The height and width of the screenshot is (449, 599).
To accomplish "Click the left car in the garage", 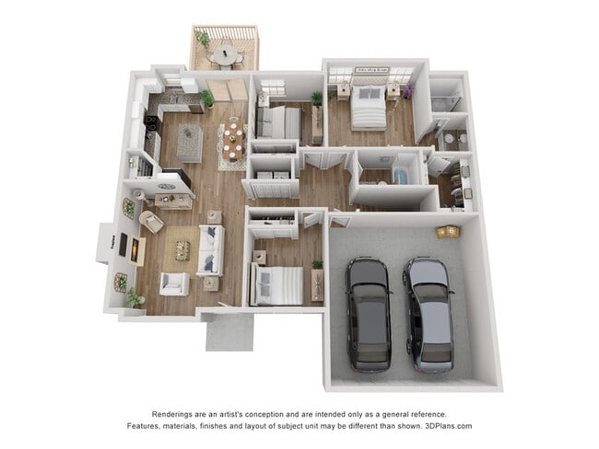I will pyautogui.click(x=368, y=312).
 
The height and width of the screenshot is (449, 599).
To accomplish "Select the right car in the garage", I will pyautogui.click(x=429, y=312).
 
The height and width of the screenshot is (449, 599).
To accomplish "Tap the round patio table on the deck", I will pyautogui.click(x=225, y=56).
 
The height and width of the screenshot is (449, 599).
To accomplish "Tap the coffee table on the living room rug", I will pyautogui.click(x=183, y=250).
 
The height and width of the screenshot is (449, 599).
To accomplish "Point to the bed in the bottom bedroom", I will pyautogui.click(x=277, y=285).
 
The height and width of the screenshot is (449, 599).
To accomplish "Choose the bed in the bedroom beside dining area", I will pyautogui.click(x=278, y=121).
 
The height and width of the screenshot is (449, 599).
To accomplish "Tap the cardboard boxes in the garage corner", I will pyautogui.click(x=448, y=231).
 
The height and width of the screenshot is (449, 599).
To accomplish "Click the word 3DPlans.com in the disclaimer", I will pyautogui.click(x=442, y=426).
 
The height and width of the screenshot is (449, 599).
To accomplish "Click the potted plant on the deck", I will pyautogui.click(x=202, y=39).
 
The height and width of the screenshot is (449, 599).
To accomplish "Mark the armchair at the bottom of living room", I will pyautogui.click(x=173, y=283).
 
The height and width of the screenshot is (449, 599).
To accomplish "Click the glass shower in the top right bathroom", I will pyautogui.click(x=446, y=98).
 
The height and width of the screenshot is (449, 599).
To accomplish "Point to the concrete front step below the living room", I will pyautogui.click(x=229, y=331).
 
